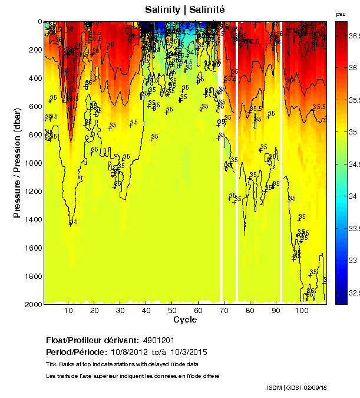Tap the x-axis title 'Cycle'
tap(185, 320)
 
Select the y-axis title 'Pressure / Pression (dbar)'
tap(17, 162)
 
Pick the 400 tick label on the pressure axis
tap(35, 78)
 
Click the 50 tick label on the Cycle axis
tap(171, 310)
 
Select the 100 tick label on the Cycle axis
tap(302, 310)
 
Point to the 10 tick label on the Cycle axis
tap(68, 310)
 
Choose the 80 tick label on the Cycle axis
tap(250, 310)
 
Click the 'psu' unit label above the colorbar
tap(341, 14)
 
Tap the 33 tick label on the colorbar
tap(352, 260)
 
